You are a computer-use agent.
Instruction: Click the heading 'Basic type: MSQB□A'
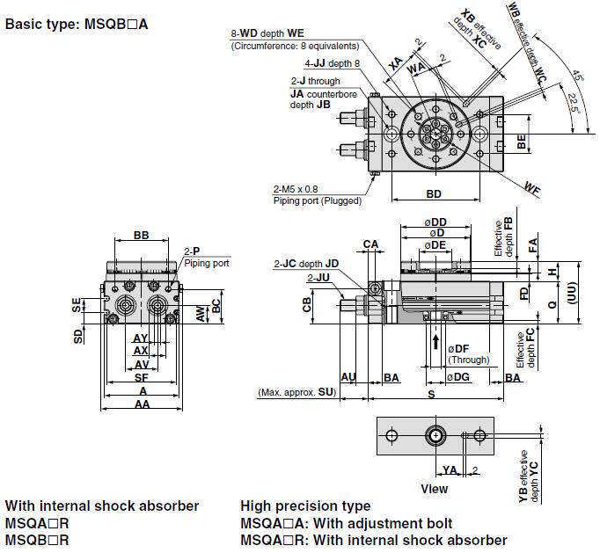77,24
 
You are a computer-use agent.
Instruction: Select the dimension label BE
522,143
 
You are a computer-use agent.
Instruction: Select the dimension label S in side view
431,396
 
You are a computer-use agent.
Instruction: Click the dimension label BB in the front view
141,235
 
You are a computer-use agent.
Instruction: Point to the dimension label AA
142,404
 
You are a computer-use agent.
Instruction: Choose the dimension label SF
142,377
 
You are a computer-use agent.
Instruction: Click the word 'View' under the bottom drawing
434,489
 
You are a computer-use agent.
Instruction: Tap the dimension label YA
450,469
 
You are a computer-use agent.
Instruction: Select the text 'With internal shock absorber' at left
102,506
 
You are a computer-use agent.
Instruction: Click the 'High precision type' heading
305,506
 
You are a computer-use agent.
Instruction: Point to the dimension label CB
307,304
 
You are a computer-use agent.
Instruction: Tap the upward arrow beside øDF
435,340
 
